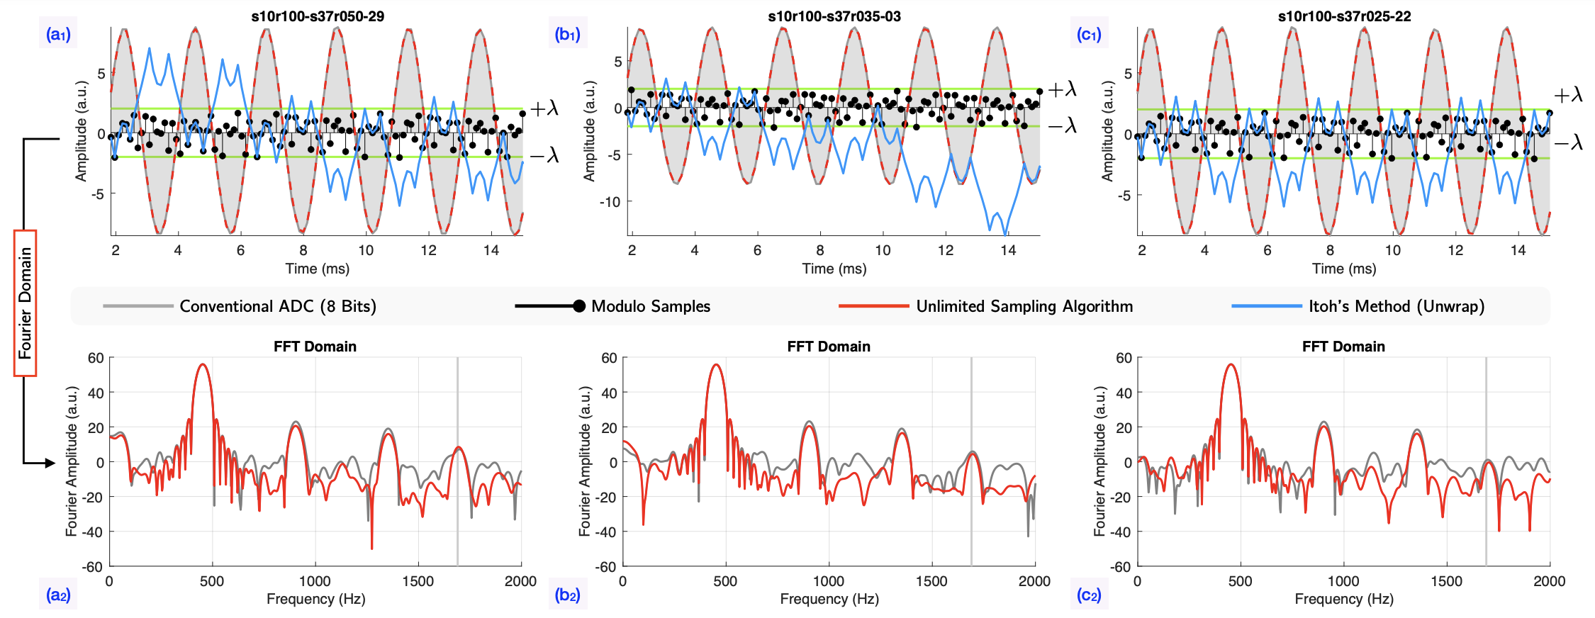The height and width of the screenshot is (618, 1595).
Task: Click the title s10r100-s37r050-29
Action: (x=318, y=16)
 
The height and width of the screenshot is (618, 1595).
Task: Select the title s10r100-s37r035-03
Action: (x=834, y=16)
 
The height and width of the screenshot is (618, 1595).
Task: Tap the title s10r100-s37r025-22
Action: (x=1344, y=16)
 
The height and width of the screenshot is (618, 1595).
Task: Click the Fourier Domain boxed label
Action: (x=26, y=303)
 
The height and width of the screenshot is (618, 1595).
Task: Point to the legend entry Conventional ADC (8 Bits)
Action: (x=277, y=306)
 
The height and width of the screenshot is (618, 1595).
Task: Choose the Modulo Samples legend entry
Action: (x=650, y=306)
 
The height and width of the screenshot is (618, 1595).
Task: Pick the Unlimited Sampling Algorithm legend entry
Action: (x=1024, y=306)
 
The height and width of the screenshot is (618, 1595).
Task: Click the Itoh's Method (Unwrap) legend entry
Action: (x=1396, y=306)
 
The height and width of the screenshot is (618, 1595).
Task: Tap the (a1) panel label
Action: (x=58, y=34)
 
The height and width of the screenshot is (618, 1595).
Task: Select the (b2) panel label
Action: (x=568, y=595)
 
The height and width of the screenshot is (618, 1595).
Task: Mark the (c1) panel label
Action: (x=1089, y=34)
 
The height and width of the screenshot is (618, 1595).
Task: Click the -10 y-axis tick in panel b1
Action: (x=610, y=202)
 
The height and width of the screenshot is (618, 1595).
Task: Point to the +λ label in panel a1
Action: (x=544, y=108)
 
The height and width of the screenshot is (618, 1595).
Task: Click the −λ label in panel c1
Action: (x=1568, y=143)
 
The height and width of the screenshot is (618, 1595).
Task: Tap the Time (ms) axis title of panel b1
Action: (x=834, y=269)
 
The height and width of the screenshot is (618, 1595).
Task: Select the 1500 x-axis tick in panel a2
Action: (x=418, y=581)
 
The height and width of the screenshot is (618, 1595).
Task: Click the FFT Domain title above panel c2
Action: (x=1343, y=347)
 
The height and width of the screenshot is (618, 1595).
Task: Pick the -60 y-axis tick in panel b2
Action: (x=609, y=567)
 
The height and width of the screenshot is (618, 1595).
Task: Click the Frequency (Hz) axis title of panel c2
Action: (x=1344, y=599)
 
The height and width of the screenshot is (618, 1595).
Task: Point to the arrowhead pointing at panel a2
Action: (x=50, y=463)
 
